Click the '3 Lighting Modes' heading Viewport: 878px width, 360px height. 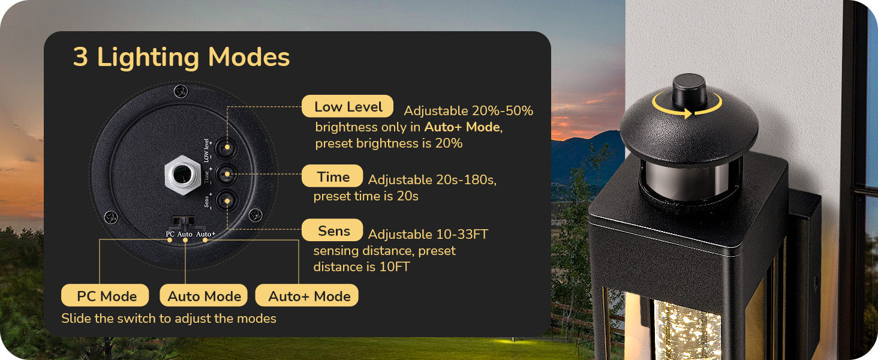(181, 58)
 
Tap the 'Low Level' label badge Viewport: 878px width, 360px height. (348, 106)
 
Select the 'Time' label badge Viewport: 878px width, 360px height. (332, 176)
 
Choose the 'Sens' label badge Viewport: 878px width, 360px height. (332, 230)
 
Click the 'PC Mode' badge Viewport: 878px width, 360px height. (105, 295)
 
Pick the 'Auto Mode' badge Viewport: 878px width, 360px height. (203, 295)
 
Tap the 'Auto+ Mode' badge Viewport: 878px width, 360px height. (307, 295)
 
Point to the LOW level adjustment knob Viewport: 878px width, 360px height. (227, 148)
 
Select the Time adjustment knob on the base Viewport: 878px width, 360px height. (227, 174)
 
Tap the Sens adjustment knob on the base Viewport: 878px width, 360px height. (227, 200)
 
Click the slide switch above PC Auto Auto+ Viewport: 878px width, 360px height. (183, 220)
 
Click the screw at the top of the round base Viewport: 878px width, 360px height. (181, 92)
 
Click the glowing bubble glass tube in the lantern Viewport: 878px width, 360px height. (687, 330)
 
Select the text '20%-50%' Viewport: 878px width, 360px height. (502, 111)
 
